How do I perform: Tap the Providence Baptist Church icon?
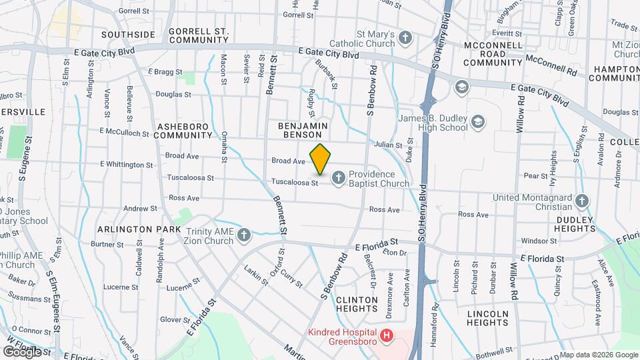(338, 177)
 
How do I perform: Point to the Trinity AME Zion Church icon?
(244, 235)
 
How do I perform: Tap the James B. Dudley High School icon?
(477, 121)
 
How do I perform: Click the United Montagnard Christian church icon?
(582, 201)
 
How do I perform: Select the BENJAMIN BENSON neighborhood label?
(303, 129)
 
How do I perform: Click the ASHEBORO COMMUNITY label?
(182, 130)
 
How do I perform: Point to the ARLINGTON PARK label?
(139, 229)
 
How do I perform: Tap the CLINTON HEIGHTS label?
(357, 304)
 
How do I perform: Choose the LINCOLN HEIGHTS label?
(487, 317)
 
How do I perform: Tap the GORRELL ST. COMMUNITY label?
(199, 35)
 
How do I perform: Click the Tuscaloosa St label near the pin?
(294, 182)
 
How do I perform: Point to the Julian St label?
(388, 145)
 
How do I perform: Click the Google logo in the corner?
(21, 351)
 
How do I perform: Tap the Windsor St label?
(539, 241)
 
